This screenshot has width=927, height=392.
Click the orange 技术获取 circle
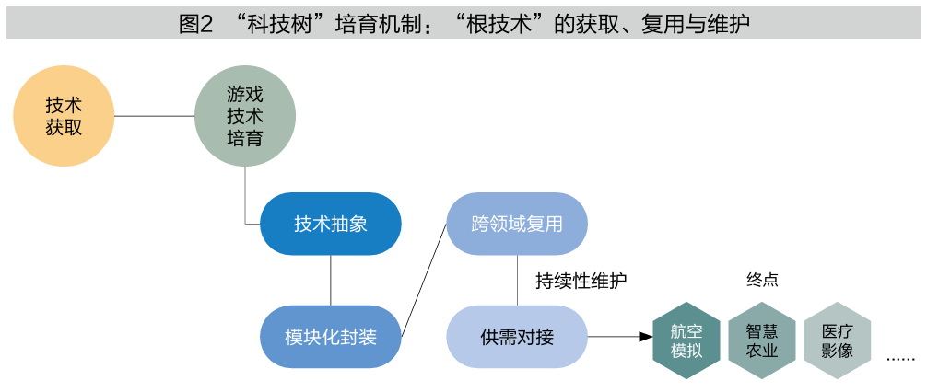64,116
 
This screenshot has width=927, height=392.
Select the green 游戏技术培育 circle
245,116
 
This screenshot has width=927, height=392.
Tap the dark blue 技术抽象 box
331,224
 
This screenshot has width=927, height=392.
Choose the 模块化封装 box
331,337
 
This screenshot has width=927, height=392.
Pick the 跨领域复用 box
517,224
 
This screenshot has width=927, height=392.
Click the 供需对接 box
517,337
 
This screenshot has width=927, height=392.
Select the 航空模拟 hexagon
686,340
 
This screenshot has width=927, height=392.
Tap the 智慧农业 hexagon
761,340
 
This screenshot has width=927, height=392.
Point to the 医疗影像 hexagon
837,340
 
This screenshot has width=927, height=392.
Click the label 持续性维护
581,281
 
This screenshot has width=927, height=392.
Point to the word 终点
762,280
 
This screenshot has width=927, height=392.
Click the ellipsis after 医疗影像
901,358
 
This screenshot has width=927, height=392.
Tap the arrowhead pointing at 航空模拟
646,337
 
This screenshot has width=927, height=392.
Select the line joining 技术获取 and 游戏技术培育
154,116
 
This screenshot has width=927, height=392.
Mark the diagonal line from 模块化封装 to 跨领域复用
425,280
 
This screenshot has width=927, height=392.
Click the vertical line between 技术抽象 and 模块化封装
331,281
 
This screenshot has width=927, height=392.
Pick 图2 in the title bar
195,24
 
